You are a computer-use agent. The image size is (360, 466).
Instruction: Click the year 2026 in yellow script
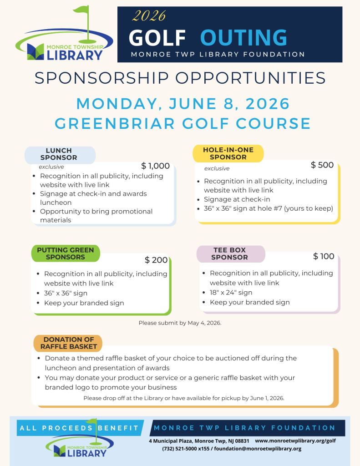coord(148,16)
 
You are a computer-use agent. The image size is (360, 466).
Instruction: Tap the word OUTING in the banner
coord(244,37)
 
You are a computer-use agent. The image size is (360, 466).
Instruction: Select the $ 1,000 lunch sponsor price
coord(155,166)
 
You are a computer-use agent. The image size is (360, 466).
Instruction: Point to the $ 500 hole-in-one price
coord(322,165)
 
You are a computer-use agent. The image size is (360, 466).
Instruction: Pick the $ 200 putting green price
coord(156,260)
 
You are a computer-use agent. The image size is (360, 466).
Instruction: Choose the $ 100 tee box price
coord(324,257)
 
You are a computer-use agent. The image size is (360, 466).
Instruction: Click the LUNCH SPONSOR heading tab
coord(59,154)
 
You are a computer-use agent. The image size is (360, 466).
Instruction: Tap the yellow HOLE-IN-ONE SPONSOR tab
coord(228,153)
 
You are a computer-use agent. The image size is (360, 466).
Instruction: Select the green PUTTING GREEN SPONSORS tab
coord(65,253)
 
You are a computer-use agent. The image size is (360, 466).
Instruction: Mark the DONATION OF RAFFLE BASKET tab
coord(68,343)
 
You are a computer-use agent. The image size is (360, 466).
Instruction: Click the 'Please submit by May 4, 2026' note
coord(180,323)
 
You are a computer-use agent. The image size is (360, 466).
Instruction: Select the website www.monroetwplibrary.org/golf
coord(295,441)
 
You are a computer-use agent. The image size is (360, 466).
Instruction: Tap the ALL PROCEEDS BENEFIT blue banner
coord(79,428)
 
